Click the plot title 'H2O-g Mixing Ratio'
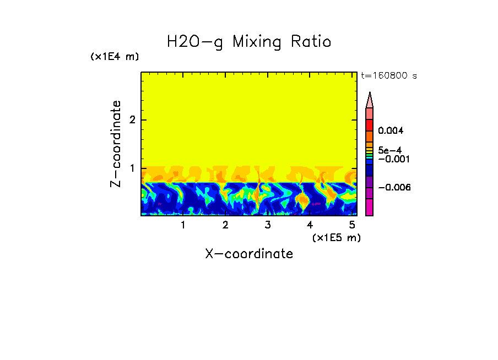(249, 42)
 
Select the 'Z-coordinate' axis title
(116, 144)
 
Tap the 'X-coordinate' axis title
(249, 254)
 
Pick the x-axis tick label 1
(183, 225)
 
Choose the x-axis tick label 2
(225, 225)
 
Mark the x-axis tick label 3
(268, 225)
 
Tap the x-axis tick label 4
(310, 225)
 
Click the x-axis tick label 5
(352, 225)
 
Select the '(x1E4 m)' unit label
(115, 57)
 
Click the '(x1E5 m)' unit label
(336, 237)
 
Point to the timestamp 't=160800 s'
(388, 76)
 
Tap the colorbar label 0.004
(391, 131)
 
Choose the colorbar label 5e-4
(389, 150)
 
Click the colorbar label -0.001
(391, 159)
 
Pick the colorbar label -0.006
(391, 187)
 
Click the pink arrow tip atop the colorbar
(370, 100)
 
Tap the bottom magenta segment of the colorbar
(370, 208)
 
